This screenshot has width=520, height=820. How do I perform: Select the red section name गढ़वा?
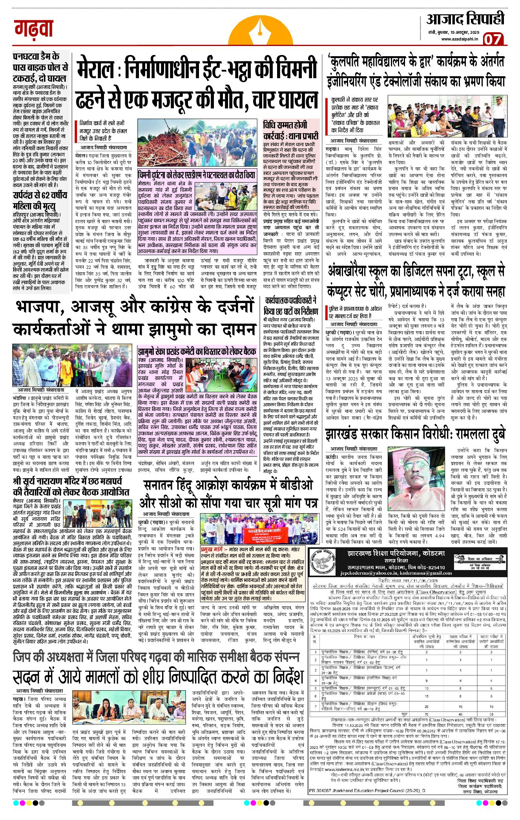pyautogui.click(x=34, y=29)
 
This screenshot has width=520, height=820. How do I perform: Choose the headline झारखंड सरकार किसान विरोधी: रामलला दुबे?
pyautogui.click(x=415, y=435)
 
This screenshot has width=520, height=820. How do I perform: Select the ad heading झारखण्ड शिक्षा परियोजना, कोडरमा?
pyautogui.click(x=398, y=554)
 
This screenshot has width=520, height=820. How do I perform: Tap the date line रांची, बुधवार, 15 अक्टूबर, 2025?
pyautogui.click(x=454, y=31)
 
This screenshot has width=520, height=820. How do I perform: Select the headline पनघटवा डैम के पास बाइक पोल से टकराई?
pyautogui.click(x=40, y=67)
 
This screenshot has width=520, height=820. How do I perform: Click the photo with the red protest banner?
pyautogui.click(x=252, y=529)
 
